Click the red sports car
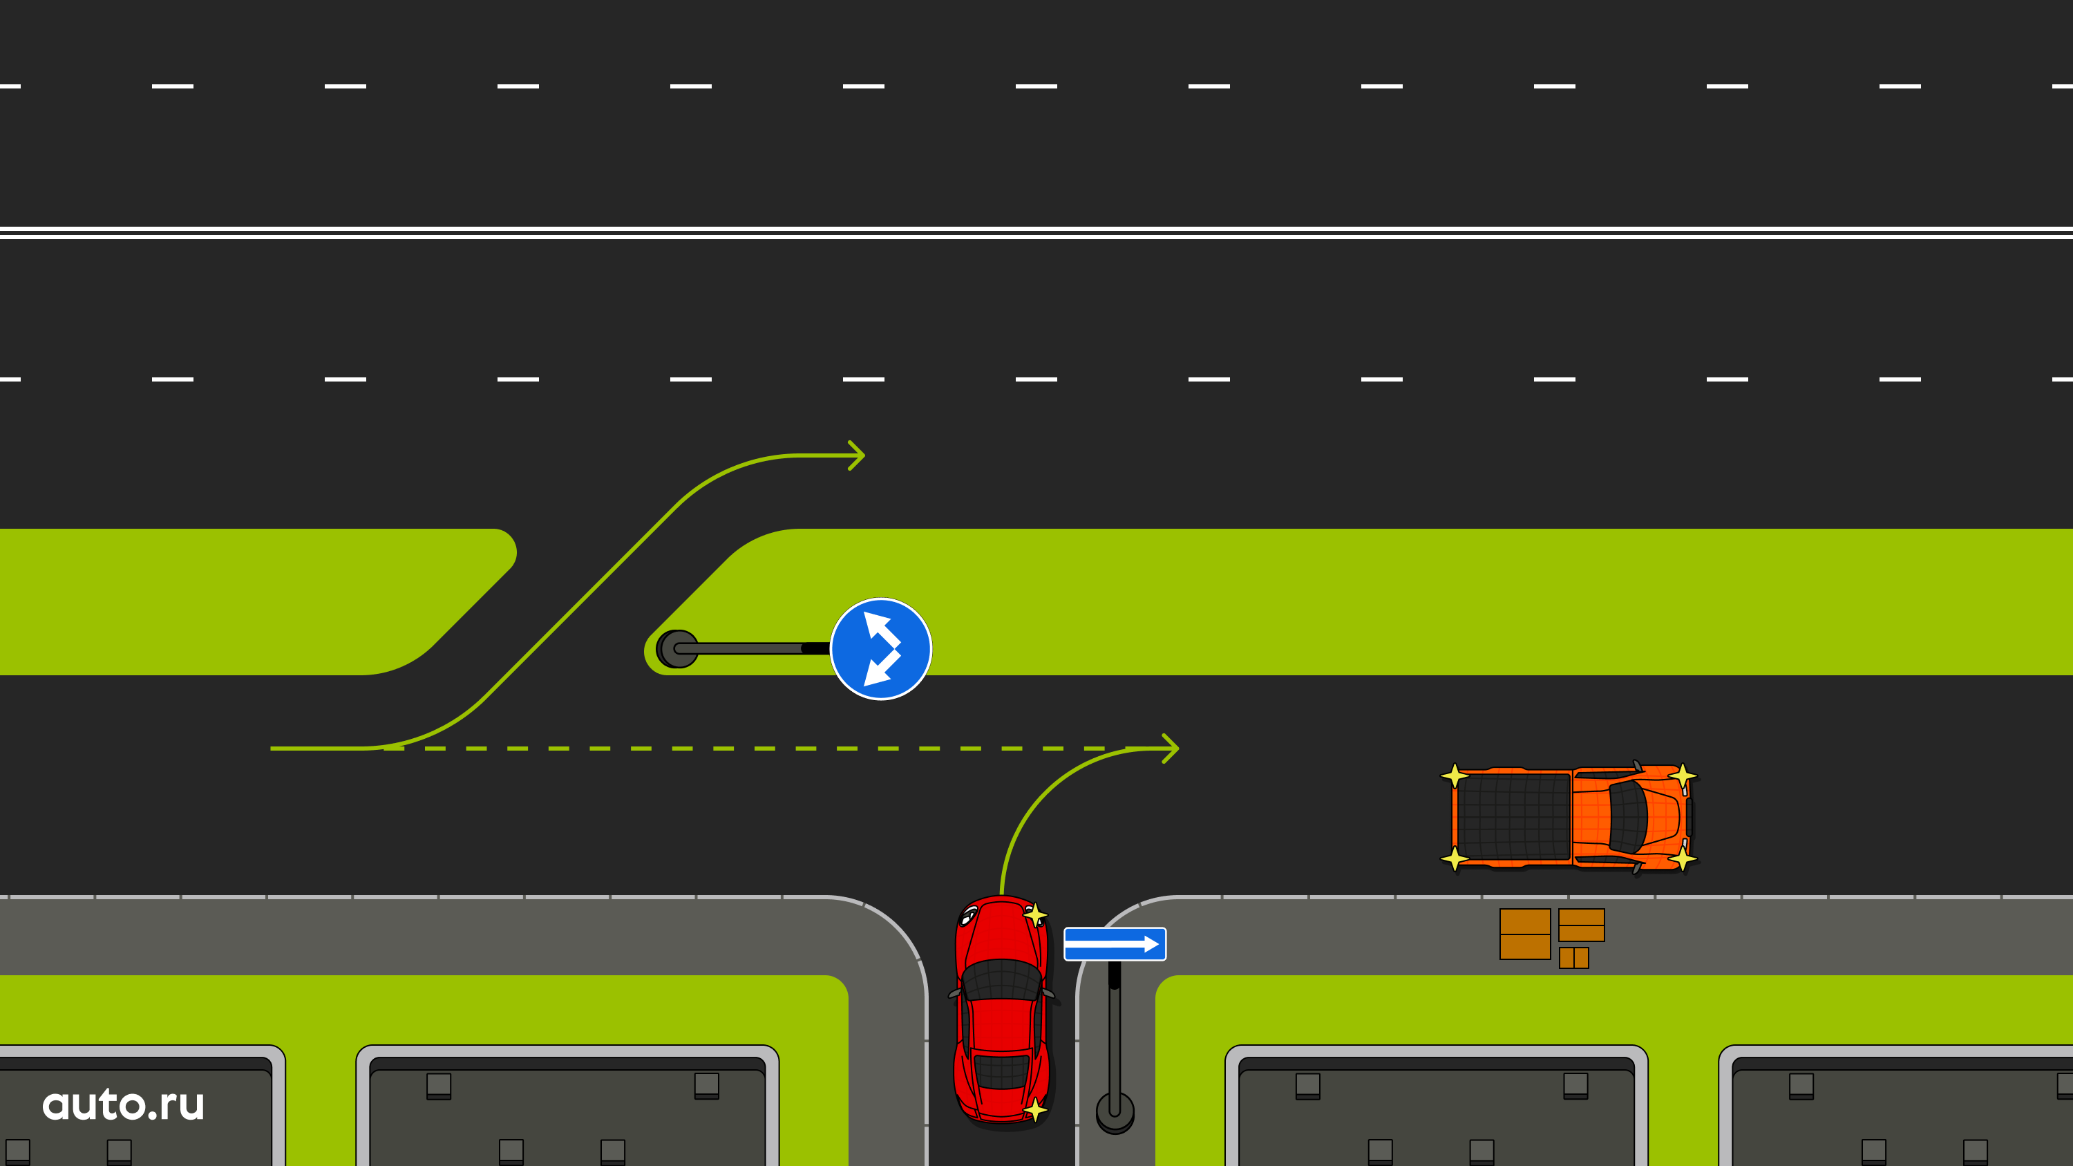pyautogui.click(x=1002, y=1010)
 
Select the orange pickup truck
pyautogui.click(x=1569, y=818)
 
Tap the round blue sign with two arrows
pyautogui.click(x=880, y=648)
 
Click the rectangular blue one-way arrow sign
pyautogui.click(x=1115, y=944)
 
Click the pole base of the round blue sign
pyautogui.click(x=678, y=648)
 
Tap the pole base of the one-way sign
pyautogui.click(x=1115, y=1112)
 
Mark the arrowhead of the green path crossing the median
pyautogui.click(x=856, y=455)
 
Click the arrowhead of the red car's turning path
pyautogui.click(x=1171, y=749)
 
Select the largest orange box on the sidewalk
pyautogui.click(x=1525, y=934)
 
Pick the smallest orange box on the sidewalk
pyautogui.click(x=1573, y=957)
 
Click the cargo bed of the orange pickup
pyautogui.click(x=1513, y=818)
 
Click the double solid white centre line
pyautogui.click(x=1036, y=232)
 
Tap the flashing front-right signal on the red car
pyautogui.click(x=1035, y=915)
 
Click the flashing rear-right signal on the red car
pyautogui.click(x=1035, y=1111)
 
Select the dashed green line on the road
pyautogui.click(x=744, y=749)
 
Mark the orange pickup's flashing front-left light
pyautogui.click(x=1683, y=775)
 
